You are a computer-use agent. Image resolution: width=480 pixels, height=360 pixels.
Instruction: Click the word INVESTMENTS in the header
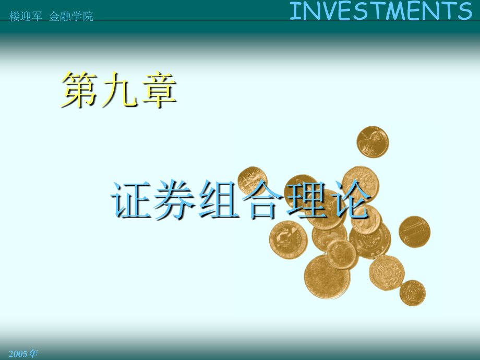(381, 11)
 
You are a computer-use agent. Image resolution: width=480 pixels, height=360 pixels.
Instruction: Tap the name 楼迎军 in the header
(26, 17)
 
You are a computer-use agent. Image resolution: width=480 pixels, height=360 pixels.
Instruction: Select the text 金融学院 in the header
(71, 17)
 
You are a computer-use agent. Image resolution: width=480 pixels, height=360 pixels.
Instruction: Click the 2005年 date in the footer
(23, 354)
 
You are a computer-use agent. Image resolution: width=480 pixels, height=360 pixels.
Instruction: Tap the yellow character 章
(159, 89)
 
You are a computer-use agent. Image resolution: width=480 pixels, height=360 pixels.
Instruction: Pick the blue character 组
(219, 200)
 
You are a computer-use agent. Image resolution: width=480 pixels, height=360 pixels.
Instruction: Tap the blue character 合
(262, 200)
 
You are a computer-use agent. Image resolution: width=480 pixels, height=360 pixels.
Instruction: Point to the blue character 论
(351, 200)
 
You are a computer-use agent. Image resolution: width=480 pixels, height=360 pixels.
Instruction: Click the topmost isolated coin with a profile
(373, 142)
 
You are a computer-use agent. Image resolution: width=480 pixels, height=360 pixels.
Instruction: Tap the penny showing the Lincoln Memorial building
(414, 232)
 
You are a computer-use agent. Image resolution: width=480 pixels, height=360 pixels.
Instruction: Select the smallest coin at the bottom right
(413, 293)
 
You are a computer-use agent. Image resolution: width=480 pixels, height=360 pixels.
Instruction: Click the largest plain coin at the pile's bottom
(327, 277)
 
